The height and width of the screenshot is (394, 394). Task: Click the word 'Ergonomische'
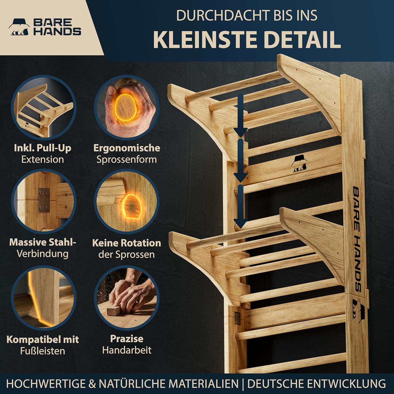(x=127, y=148)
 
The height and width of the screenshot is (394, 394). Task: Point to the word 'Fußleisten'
(x=43, y=351)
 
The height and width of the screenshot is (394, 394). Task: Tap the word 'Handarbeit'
(x=127, y=350)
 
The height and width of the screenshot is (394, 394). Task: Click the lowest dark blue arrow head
(x=241, y=224)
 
